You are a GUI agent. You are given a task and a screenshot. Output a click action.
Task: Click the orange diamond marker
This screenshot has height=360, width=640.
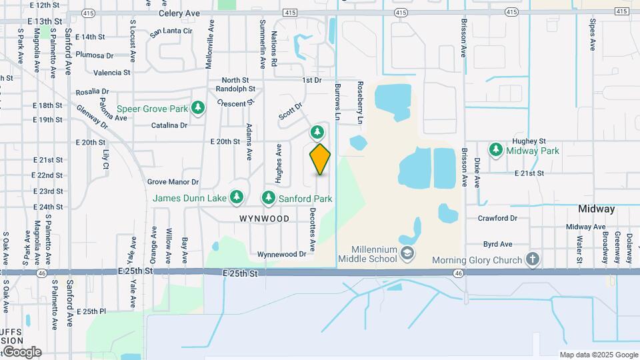[x=320, y=159]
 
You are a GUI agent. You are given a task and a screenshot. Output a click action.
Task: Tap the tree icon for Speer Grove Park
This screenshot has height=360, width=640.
[x=197, y=107]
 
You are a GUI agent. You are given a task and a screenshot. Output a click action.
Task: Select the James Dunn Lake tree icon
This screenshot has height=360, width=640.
[x=236, y=197]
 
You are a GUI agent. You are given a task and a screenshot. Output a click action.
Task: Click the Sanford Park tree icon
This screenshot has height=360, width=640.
[x=268, y=197]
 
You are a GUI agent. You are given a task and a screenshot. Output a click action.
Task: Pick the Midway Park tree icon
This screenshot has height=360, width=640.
[x=495, y=150]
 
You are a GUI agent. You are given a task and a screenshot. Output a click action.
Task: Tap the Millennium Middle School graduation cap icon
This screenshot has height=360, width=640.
[x=407, y=253]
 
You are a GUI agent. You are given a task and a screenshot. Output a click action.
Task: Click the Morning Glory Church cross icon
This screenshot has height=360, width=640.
[x=532, y=259]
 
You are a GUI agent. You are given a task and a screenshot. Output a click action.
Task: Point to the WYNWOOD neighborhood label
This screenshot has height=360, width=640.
[x=265, y=219]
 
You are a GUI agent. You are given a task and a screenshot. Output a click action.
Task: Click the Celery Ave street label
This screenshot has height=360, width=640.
[x=179, y=13]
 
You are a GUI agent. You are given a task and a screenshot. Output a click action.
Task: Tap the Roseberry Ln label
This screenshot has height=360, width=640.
[x=360, y=103]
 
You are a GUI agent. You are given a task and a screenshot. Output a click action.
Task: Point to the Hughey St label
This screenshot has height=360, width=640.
[x=529, y=141]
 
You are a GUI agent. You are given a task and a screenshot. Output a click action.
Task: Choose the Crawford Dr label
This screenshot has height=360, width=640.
[x=498, y=218]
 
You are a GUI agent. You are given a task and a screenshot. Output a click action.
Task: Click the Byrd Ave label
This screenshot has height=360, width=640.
[x=497, y=245]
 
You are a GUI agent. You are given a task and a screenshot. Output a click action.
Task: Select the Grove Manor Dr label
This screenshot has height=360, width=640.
[x=173, y=181]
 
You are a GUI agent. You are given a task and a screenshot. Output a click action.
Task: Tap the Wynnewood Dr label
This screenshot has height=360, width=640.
[x=286, y=254]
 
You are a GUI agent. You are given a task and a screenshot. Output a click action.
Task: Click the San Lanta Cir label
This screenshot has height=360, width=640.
[x=171, y=31]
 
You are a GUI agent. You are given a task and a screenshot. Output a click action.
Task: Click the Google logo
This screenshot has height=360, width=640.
[x=21, y=352]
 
